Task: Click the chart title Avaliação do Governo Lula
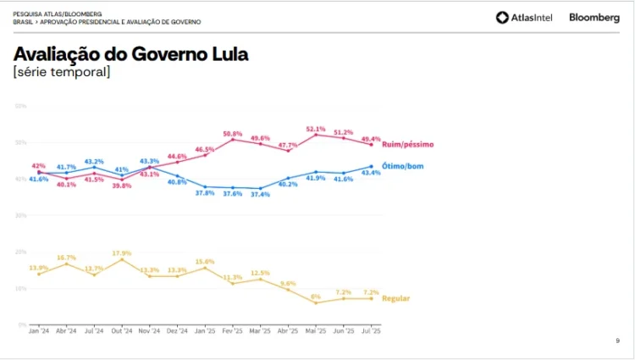[x=130, y=55]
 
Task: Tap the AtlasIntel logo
[x=524, y=17]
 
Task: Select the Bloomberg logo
[x=594, y=17]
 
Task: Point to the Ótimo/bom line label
[x=402, y=166]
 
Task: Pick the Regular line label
[x=396, y=298]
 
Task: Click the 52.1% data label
[x=316, y=129]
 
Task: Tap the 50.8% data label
[x=233, y=134]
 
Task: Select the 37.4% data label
[x=261, y=194]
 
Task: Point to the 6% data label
[x=316, y=296]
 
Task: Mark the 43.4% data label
[x=371, y=173]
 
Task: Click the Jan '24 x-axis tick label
[x=39, y=331]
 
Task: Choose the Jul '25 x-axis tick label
[x=371, y=331]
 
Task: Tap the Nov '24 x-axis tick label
[x=149, y=331]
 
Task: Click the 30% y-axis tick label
[x=21, y=215]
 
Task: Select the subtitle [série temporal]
[x=61, y=73]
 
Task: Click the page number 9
[x=617, y=341]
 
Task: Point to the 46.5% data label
[x=205, y=149]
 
